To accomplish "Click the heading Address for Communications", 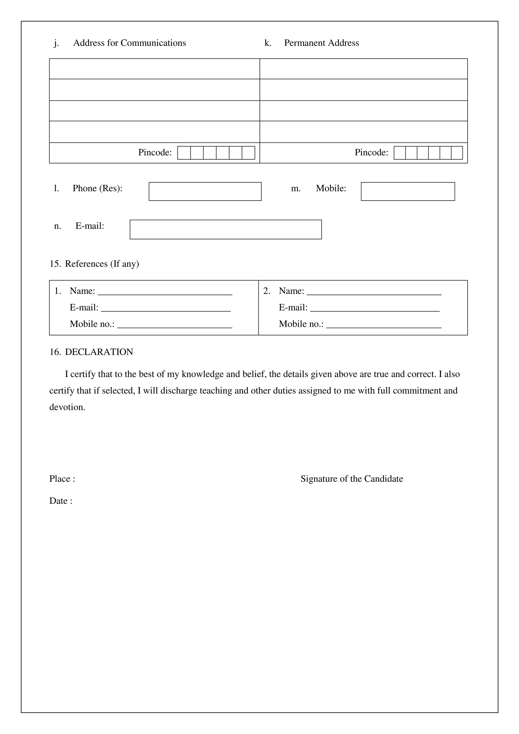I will click(x=129, y=43).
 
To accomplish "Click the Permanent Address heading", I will click(x=321, y=43).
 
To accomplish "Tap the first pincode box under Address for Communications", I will click(x=184, y=153).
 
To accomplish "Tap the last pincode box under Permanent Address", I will click(x=457, y=153).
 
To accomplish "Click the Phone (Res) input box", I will click(x=205, y=191).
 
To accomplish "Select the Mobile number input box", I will click(x=408, y=191).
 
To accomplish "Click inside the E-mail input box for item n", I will click(x=226, y=229).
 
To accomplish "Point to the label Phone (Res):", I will click(x=97, y=188).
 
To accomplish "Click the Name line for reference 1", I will click(x=165, y=292).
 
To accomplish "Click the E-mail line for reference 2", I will click(x=375, y=308).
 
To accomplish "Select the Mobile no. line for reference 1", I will click(x=174, y=325).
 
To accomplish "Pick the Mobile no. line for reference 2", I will click(x=383, y=325).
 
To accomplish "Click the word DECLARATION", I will click(x=99, y=352).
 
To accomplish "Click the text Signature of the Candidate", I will click(x=351, y=479).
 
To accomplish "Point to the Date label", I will click(x=60, y=501).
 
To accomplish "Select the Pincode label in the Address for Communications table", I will click(x=155, y=152).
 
